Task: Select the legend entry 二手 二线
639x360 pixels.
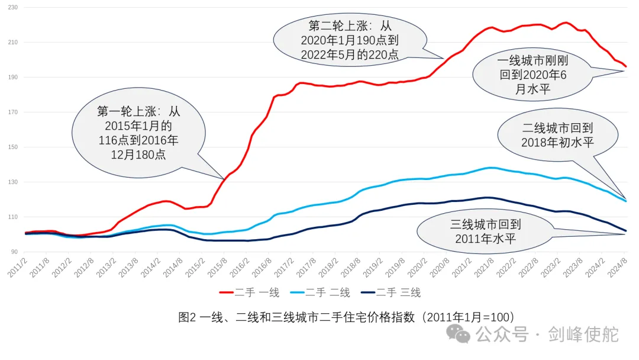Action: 322,292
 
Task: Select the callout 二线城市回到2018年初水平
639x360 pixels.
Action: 557,136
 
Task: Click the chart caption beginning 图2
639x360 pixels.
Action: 346,317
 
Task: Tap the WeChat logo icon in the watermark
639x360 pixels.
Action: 459,334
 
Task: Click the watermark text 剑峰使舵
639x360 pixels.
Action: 583,334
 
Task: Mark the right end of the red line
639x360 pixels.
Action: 626,66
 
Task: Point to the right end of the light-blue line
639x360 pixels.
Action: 626,201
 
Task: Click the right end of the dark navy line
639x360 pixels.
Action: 626,231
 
